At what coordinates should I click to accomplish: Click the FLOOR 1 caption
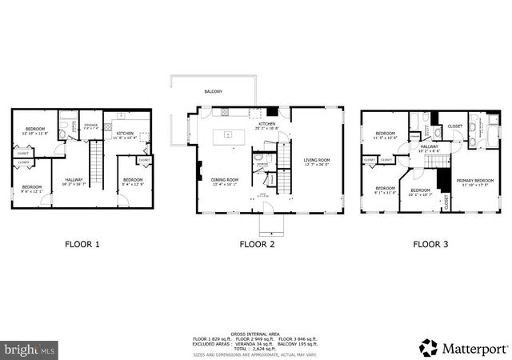tap(82, 245)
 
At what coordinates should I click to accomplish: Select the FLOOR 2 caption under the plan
tap(257, 245)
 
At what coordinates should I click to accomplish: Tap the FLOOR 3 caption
tap(430, 245)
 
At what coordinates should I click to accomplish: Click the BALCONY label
tap(213, 92)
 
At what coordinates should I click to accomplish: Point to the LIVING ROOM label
tap(317, 162)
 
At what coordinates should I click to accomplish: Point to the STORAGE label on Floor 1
tap(90, 125)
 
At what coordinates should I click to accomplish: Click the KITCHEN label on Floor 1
tap(125, 134)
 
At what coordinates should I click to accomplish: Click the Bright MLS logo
tap(30, 350)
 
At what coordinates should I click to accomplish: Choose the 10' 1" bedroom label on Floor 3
tap(420, 190)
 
